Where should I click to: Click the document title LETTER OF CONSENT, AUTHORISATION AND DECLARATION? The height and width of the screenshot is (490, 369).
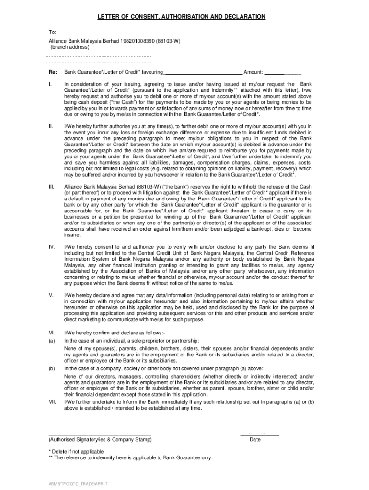(x=182, y=17)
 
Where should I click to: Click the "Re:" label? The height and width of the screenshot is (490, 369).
(x=52, y=72)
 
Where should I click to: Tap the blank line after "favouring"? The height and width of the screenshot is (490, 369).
(x=203, y=73)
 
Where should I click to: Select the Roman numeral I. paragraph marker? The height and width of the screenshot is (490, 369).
(x=50, y=84)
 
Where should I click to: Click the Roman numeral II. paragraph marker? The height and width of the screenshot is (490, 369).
(x=50, y=126)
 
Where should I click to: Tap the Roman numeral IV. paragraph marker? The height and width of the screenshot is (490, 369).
(x=51, y=247)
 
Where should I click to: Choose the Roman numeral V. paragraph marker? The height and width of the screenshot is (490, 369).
(x=50, y=295)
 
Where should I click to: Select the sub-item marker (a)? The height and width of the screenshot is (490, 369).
(x=51, y=341)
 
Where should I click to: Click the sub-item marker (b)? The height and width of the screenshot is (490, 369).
(x=51, y=368)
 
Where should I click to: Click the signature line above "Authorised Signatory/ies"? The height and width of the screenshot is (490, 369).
(x=99, y=435)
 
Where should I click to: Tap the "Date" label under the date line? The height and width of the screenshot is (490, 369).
(x=255, y=439)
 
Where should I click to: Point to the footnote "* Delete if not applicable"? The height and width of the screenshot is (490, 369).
(x=76, y=451)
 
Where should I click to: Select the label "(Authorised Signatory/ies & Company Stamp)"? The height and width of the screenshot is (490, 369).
(x=100, y=439)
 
